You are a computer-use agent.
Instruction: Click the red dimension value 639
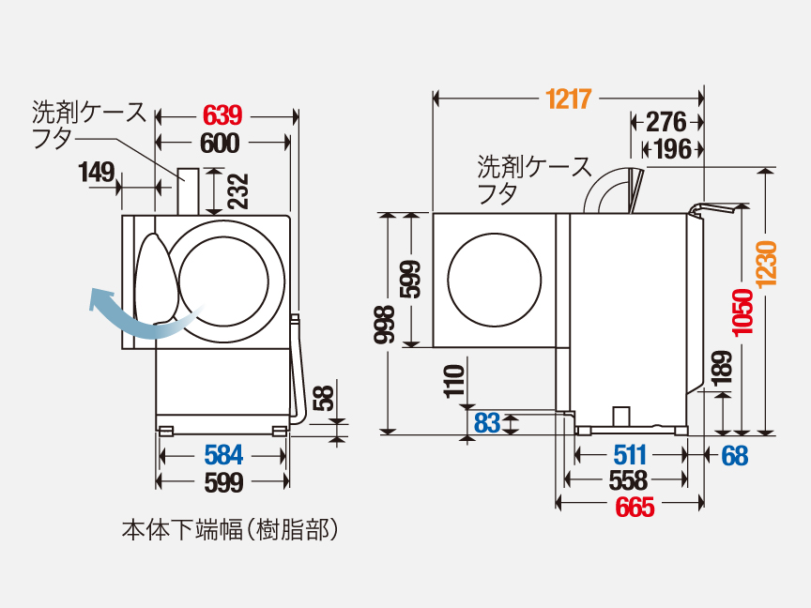(223, 115)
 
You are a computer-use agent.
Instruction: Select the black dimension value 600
(222, 143)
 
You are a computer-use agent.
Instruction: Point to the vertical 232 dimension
(237, 190)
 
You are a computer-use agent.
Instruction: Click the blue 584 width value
(223, 456)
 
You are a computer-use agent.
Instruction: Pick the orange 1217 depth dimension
(567, 98)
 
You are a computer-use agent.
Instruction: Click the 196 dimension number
(672, 148)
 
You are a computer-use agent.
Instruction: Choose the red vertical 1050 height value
(742, 312)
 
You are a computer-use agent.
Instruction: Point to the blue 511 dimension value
(629, 455)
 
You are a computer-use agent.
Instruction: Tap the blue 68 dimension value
(735, 455)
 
